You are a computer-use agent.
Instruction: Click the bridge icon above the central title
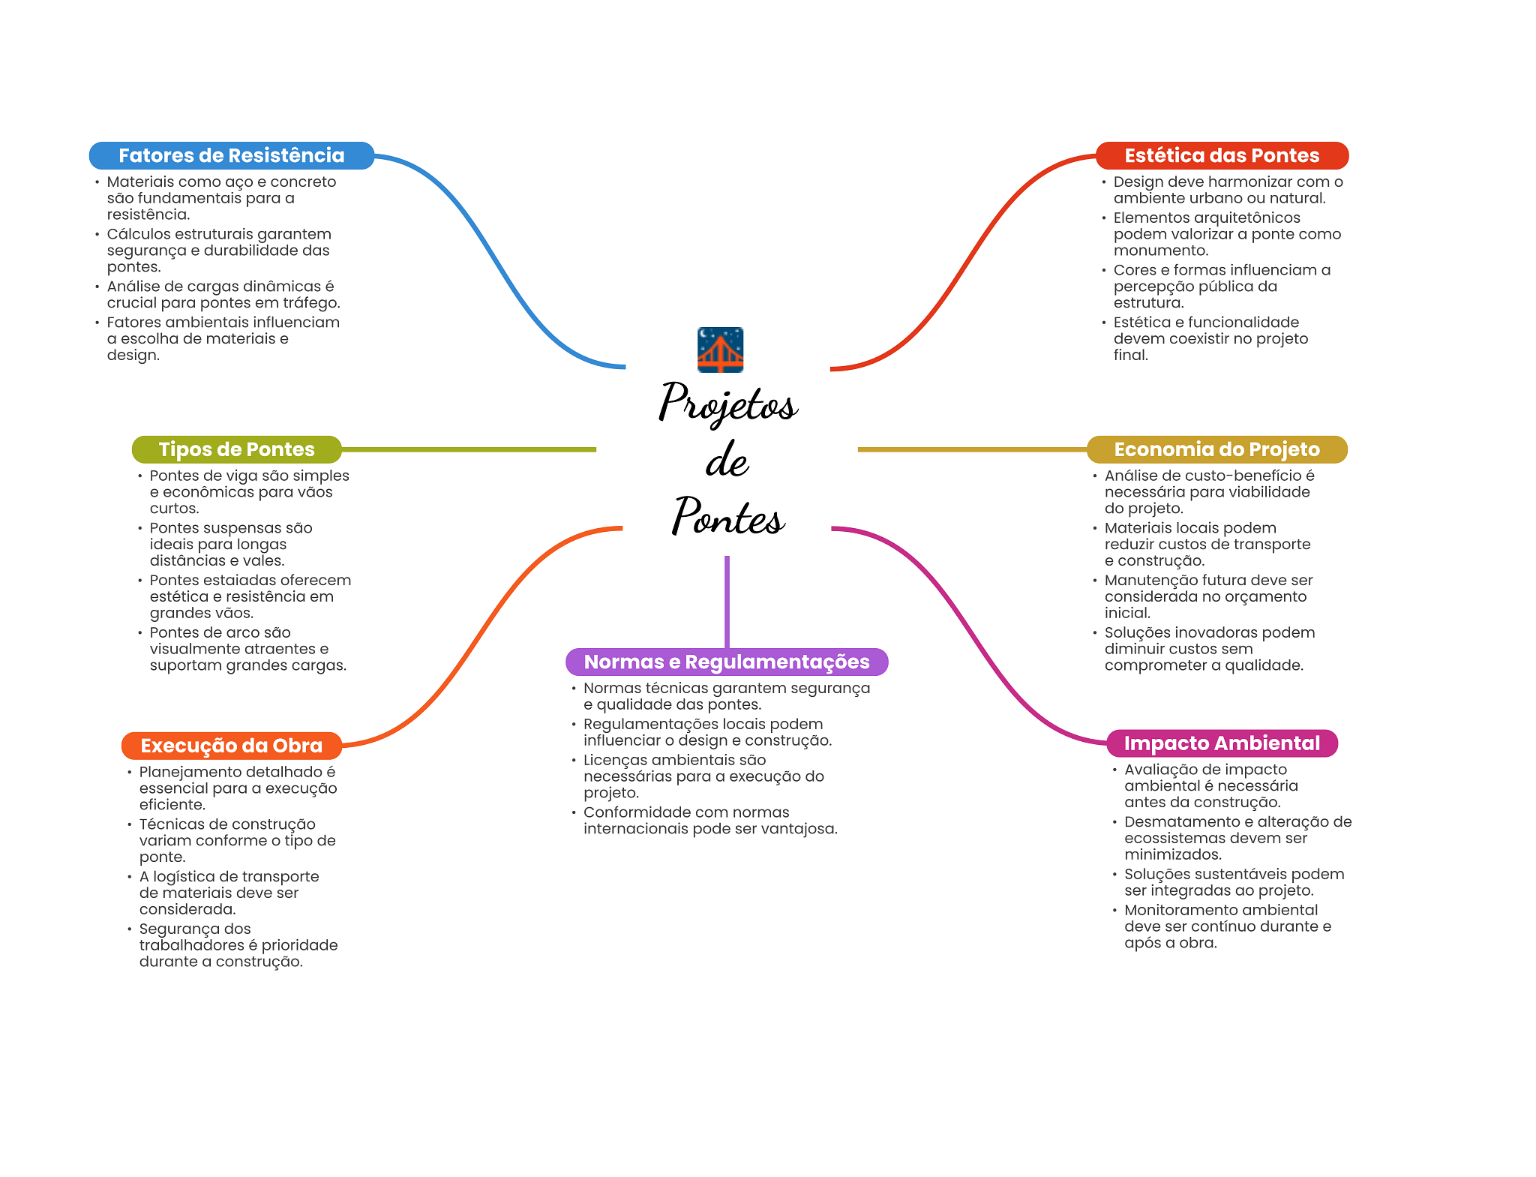tap(720, 350)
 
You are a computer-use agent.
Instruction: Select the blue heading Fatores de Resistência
tap(231, 155)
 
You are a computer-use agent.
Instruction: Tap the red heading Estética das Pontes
tap(1222, 155)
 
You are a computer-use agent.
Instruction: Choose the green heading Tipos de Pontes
tap(236, 449)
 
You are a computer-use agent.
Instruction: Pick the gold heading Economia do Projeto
tap(1216, 449)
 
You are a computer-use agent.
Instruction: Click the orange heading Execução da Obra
tap(231, 746)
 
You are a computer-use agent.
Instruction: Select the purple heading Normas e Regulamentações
tap(726, 662)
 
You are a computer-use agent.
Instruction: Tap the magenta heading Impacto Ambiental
tap(1222, 743)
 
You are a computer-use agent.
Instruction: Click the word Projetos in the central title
tap(727, 404)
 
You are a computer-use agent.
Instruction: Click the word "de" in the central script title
tap(727, 461)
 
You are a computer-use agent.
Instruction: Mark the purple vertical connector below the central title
tap(727, 600)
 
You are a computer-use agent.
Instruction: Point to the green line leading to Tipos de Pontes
tap(469, 449)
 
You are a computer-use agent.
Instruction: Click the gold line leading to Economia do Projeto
tap(971, 449)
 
